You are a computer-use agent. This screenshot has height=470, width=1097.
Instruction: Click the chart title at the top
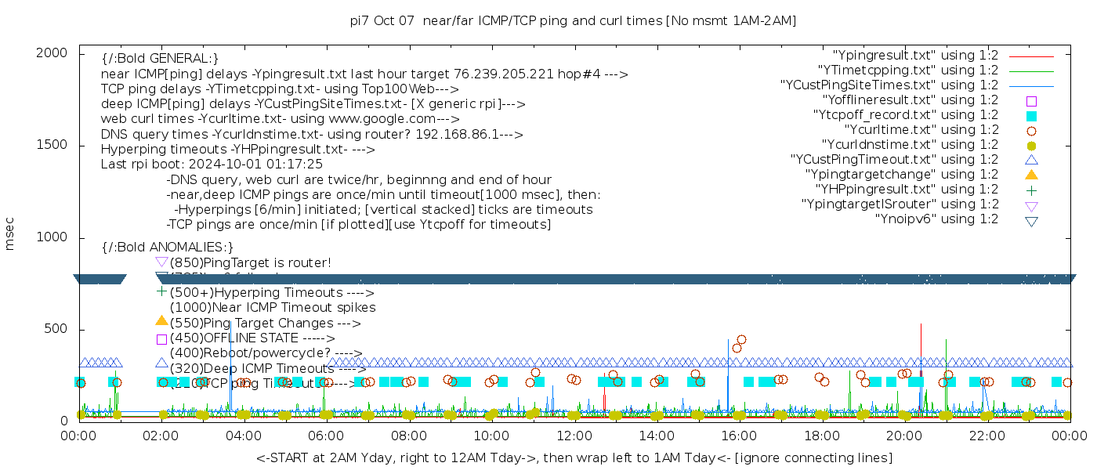[574, 20]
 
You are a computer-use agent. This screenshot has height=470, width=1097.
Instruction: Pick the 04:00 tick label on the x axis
[244, 436]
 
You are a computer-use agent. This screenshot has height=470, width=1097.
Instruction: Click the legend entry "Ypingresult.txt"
[915, 56]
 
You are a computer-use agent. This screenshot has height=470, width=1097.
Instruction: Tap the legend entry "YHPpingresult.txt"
[907, 190]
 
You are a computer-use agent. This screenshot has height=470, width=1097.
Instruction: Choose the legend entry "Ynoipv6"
[936, 219]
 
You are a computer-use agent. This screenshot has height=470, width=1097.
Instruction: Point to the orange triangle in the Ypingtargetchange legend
[1031, 174]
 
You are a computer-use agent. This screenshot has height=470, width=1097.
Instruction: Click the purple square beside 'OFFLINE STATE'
[161, 339]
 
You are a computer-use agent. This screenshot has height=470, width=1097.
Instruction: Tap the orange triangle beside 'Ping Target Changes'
[161, 320]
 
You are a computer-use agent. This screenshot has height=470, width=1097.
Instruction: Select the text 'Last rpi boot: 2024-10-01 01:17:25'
[212, 164]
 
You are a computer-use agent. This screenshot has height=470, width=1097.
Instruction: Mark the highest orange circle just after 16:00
[741, 340]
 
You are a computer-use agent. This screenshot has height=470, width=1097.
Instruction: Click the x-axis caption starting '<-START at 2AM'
[574, 457]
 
